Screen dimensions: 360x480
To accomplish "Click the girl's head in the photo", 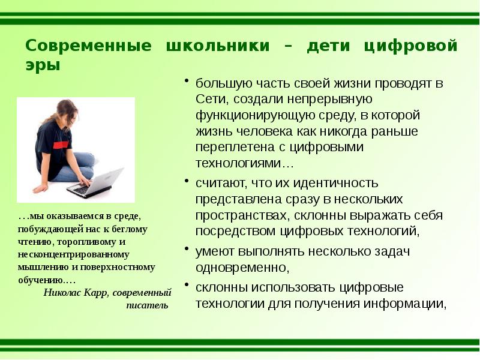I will point(67,111).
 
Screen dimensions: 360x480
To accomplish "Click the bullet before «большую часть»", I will point(188,82).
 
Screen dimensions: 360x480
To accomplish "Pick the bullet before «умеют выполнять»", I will point(188,249).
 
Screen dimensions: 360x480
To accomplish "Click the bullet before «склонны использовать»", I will point(188,285).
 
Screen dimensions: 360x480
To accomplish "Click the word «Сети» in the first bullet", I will point(209,99).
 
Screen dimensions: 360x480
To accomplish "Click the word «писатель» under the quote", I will point(147,305).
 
